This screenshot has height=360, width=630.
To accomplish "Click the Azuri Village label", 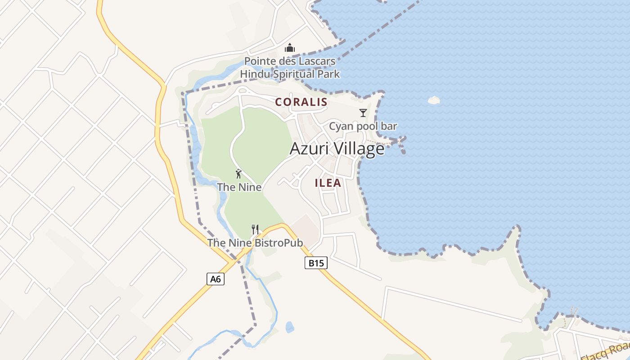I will coord(337,148).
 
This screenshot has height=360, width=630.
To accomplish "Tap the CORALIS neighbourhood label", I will coord(301,102).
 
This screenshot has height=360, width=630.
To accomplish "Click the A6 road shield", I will coord(216,279).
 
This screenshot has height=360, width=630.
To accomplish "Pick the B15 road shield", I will coord(316,263).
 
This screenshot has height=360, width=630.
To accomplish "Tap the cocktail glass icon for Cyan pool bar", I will coord(363,112).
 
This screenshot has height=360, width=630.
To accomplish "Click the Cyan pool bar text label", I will coord(363,126).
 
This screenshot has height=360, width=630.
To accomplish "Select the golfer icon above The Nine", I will coord(238,174).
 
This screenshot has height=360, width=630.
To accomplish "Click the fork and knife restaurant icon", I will coord(255,229).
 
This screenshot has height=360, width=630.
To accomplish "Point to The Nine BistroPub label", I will coord(255,243).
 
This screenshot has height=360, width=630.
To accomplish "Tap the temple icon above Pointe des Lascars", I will coord(290,48).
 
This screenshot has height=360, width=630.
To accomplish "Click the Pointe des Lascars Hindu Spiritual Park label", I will coord(290,67).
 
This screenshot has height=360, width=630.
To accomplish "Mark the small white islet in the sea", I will coord(433,100).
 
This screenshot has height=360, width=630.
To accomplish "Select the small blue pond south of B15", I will coord(290,327).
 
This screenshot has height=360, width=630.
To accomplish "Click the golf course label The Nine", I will coord(239,187).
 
